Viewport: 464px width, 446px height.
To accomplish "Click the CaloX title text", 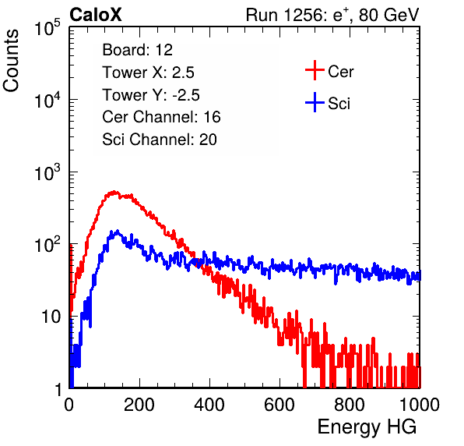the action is point(96,15).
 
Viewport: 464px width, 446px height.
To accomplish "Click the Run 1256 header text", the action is point(332,15).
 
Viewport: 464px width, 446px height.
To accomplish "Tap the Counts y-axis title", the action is point(11,61).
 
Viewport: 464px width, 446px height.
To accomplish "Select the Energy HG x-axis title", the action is point(367,427).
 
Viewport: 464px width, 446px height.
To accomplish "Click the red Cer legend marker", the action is point(315,70).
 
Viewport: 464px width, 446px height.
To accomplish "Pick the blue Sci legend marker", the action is point(315,102).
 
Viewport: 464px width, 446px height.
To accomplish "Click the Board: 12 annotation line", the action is point(137,50).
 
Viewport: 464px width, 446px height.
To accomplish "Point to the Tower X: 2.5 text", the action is point(148,73).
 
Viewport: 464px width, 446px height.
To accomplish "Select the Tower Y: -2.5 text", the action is point(151,95).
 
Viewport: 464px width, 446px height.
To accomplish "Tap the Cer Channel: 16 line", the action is point(161,117).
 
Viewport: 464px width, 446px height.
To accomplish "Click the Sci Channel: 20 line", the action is point(160,140).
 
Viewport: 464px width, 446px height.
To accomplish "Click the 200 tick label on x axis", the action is point(139,405).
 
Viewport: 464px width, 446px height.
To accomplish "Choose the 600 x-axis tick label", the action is point(279,405).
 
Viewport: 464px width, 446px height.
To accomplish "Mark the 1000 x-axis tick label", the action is point(420,405).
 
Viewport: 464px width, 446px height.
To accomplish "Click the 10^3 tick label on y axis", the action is point(47,172).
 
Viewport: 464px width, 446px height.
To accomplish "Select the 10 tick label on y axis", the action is point(51,317).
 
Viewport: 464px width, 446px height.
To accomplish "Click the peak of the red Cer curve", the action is point(114,192).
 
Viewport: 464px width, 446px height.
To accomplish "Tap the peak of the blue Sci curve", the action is point(118,231).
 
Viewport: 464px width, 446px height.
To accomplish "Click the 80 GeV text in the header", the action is point(388,15).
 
